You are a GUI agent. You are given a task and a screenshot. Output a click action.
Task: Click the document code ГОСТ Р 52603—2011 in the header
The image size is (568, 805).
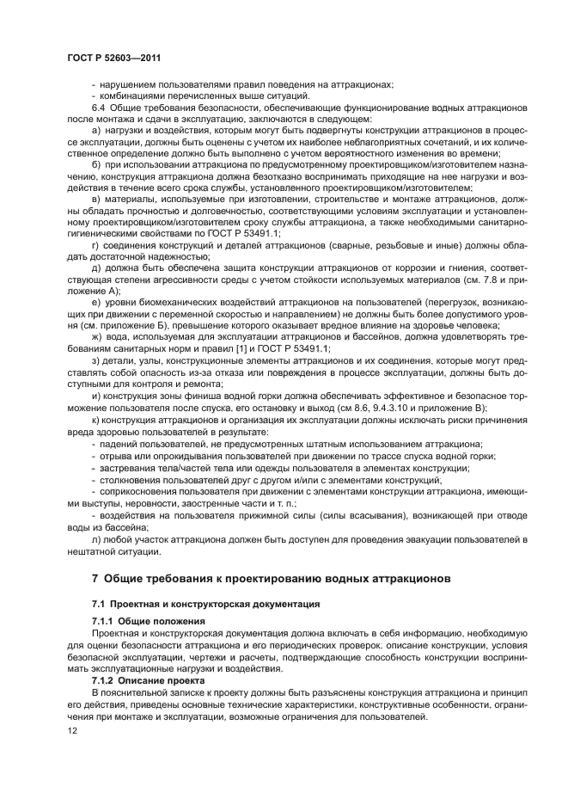pyautogui.click(x=113, y=58)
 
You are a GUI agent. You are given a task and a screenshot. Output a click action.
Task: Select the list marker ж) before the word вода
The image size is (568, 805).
pyautogui.click(x=96, y=337)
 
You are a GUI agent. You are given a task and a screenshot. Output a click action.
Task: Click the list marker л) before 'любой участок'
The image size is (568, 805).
pyautogui.click(x=95, y=538)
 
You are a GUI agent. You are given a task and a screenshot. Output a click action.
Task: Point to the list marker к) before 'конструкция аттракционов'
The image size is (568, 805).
pyautogui.click(x=95, y=421)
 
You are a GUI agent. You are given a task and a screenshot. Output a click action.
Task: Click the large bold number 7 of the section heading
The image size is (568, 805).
pyautogui.click(x=95, y=577)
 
